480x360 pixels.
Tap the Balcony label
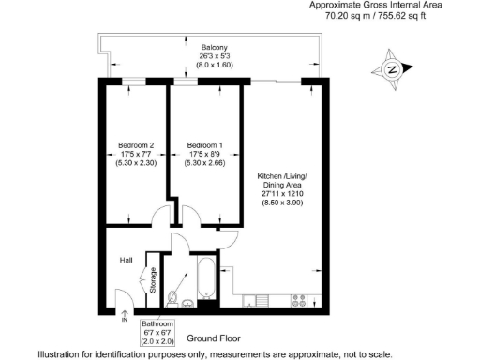point(215,47)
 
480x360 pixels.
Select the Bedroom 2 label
point(136,144)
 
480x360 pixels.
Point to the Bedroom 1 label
point(204,144)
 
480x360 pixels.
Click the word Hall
point(126,260)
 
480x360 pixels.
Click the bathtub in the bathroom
point(205,277)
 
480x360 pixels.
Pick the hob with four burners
point(302,301)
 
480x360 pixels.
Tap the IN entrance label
point(124,320)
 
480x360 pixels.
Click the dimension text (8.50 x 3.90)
point(282,202)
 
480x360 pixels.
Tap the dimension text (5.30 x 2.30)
point(136,163)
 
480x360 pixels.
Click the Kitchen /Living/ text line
point(282,177)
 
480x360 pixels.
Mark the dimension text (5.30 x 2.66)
point(204,163)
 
